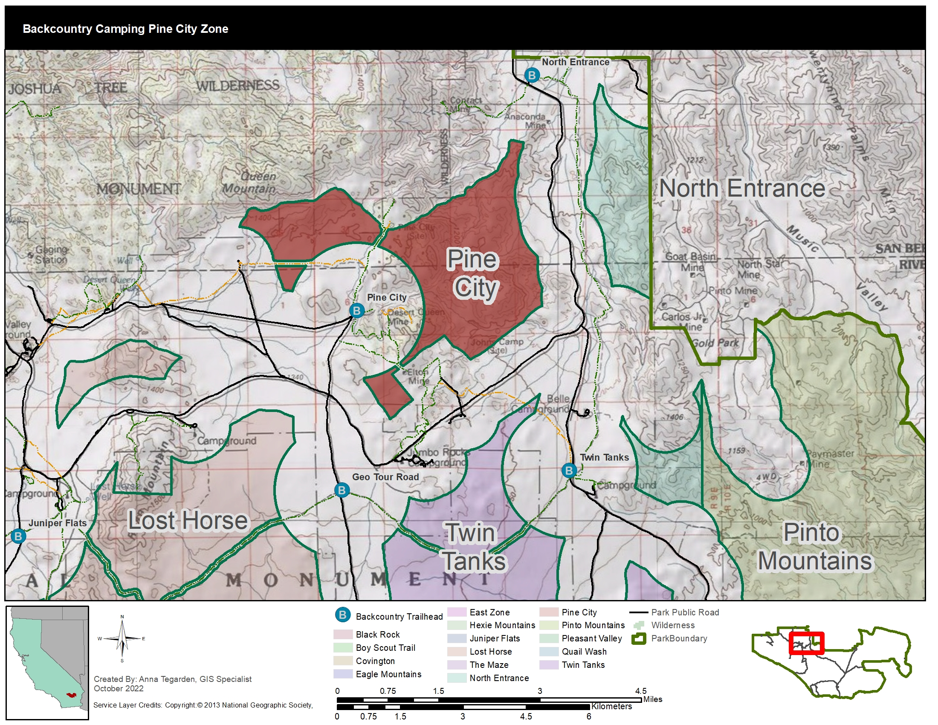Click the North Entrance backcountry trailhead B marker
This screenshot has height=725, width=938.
[x=532, y=75]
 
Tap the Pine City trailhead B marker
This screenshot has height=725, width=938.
[x=356, y=310]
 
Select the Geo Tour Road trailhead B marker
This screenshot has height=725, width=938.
[x=342, y=490]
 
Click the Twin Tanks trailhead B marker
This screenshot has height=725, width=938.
[x=569, y=470]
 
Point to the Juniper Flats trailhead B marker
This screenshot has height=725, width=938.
[x=18, y=536]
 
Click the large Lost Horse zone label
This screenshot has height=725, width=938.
[x=188, y=521]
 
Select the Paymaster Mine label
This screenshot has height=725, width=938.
[x=830, y=459]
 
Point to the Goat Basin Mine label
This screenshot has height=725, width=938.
[x=691, y=261]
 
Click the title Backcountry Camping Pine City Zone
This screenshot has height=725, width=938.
[x=125, y=29]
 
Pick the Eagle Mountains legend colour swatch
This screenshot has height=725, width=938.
[x=342, y=674]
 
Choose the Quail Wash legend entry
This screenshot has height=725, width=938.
[x=584, y=652]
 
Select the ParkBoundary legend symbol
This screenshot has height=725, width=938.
[x=639, y=639]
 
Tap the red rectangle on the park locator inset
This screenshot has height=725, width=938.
[x=806, y=643]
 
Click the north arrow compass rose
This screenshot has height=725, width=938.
[x=122, y=639]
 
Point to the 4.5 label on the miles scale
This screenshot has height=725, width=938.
[x=640, y=690]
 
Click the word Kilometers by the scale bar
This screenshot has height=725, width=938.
[x=611, y=706]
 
